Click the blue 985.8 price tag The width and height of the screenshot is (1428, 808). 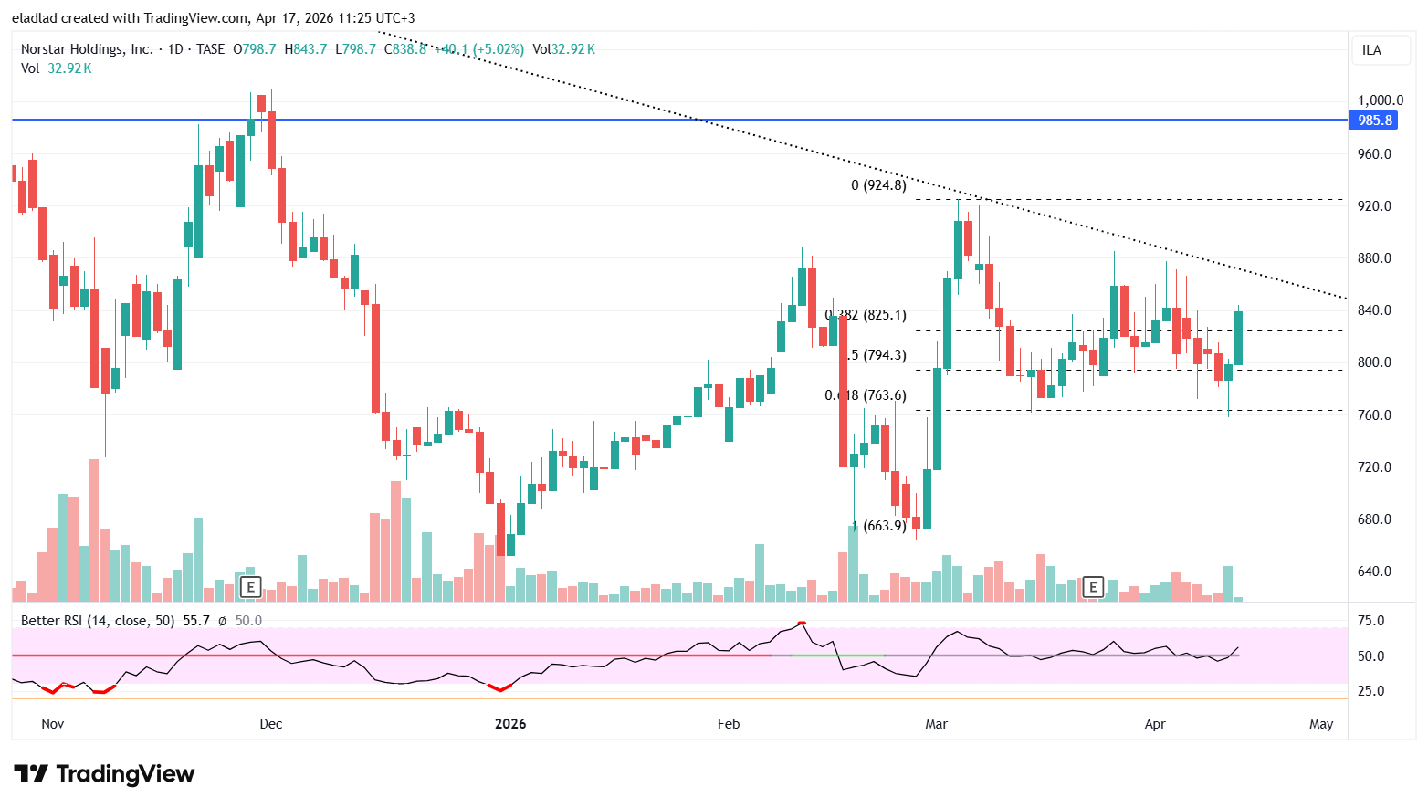[x=1374, y=121]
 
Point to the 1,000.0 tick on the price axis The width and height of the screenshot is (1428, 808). [x=1380, y=100]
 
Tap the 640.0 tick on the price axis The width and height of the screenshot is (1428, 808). [x=1374, y=572]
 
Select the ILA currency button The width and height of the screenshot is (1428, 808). [x=1371, y=50]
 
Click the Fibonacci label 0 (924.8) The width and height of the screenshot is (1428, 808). [x=878, y=185]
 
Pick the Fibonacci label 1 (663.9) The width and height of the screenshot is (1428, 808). [x=879, y=526]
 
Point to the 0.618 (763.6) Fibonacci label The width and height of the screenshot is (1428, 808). [x=866, y=395]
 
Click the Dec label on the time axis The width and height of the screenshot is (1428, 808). [x=271, y=724]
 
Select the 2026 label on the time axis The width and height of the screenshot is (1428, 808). [x=510, y=724]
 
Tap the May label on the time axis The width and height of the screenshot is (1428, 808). [x=1320, y=724]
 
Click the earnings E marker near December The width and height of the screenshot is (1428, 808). [x=250, y=587]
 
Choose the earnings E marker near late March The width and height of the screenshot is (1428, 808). [x=1092, y=587]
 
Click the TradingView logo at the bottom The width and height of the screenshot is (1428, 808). [x=104, y=774]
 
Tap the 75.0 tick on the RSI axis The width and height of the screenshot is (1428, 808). [x=1370, y=621]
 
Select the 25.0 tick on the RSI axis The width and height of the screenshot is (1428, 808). [x=1370, y=691]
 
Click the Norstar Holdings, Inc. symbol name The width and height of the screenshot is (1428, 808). [x=87, y=49]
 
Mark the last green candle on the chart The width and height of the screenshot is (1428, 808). [x=1238, y=338]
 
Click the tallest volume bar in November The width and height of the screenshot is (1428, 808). [x=93, y=530]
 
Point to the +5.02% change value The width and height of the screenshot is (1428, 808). [x=499, y=49]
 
